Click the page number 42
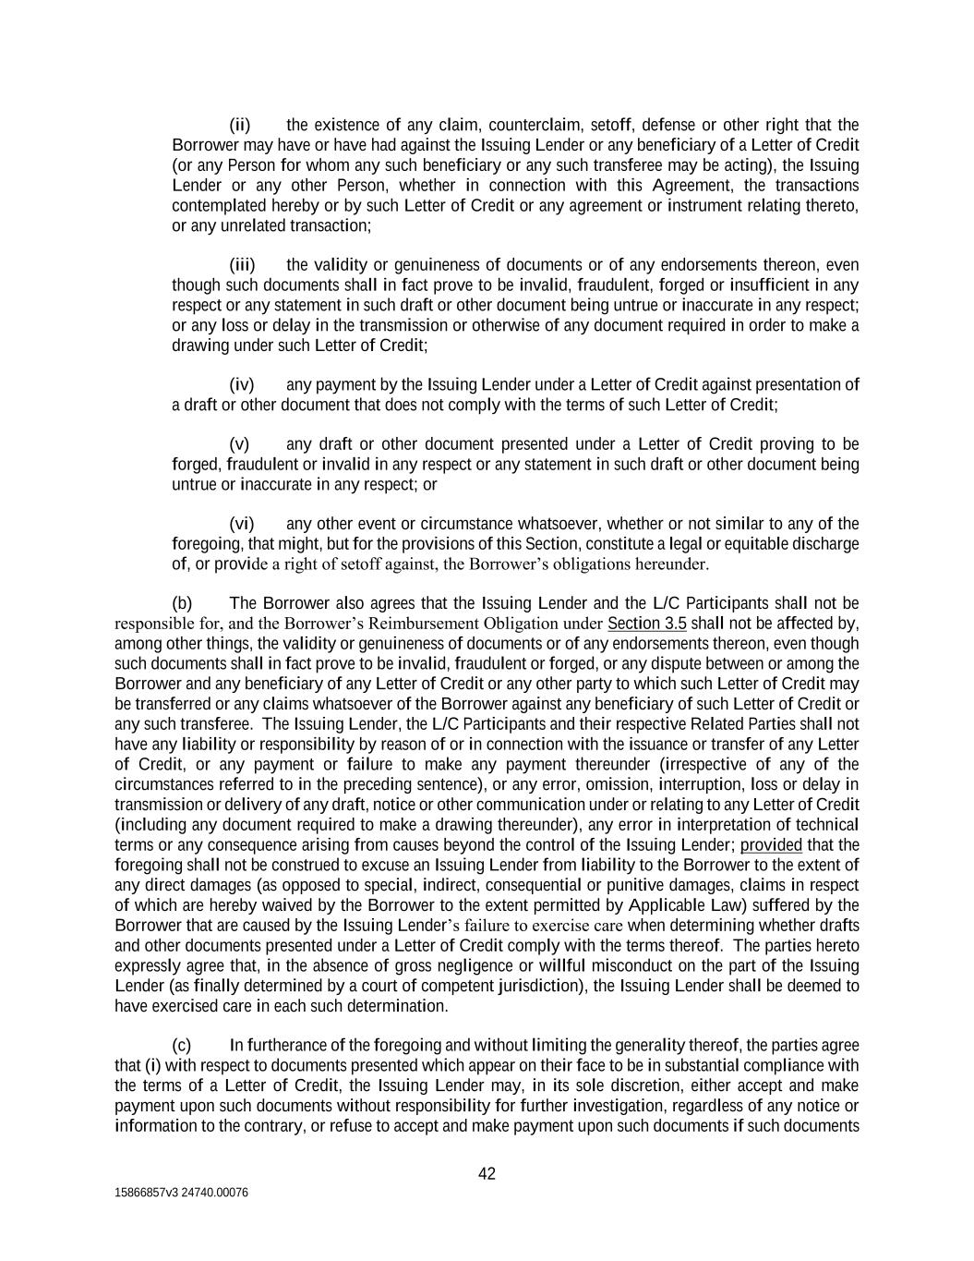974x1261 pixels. pyautogui.click(x=487, y=1174)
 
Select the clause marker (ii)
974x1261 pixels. pyautogui.click(x=240, y=125)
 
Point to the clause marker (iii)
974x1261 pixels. pyautogui.click(x=242, y=265)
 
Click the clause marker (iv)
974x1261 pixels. pyautogui.click(x=242, y=384)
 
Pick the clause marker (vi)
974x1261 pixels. pyautogui.click(x=242, y=524)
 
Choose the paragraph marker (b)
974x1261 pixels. pyautogui.click(x=182, y=604)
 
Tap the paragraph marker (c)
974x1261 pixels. pyautogui.click(x=182, y=1045)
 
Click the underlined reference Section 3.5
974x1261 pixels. pyautogui.click(x=646, y=624)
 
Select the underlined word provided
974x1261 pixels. pyautogui.click(x=771, y=845)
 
